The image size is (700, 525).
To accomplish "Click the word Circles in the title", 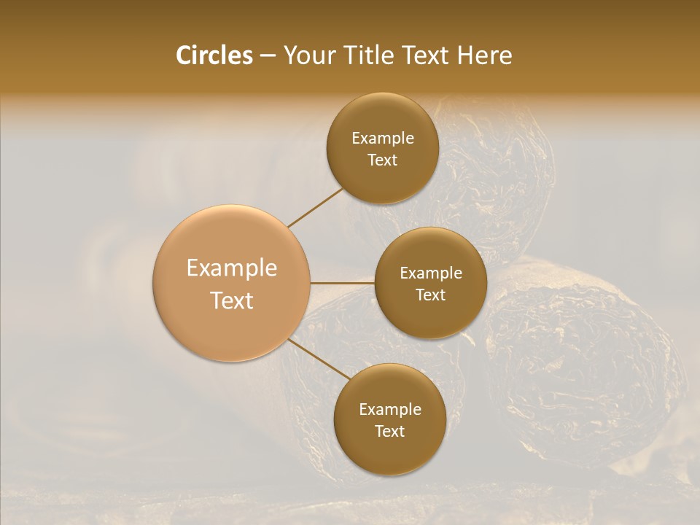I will coord(214,55).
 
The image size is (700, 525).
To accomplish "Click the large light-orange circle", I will coord(232,284).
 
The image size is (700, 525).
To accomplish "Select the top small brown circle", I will coord(383,148).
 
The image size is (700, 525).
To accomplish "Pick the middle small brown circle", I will coord(430,283).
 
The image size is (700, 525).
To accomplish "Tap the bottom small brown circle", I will coord(389,419).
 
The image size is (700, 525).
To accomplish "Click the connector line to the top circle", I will coord(315,207).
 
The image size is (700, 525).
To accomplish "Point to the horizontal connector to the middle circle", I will coord(343,283).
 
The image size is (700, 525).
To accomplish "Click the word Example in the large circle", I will coord(232,268).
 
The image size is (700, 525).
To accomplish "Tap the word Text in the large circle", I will coord(232,300).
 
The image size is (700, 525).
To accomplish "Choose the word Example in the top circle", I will coord(383,139).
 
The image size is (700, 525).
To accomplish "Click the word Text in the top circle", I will coord(383,160).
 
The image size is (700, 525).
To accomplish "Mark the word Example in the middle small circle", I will coord(431,273).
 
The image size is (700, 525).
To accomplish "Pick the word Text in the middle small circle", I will coord(430,295).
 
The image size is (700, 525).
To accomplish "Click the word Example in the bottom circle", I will coord(390,410).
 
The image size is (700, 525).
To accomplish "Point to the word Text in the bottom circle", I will coord(389,431).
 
